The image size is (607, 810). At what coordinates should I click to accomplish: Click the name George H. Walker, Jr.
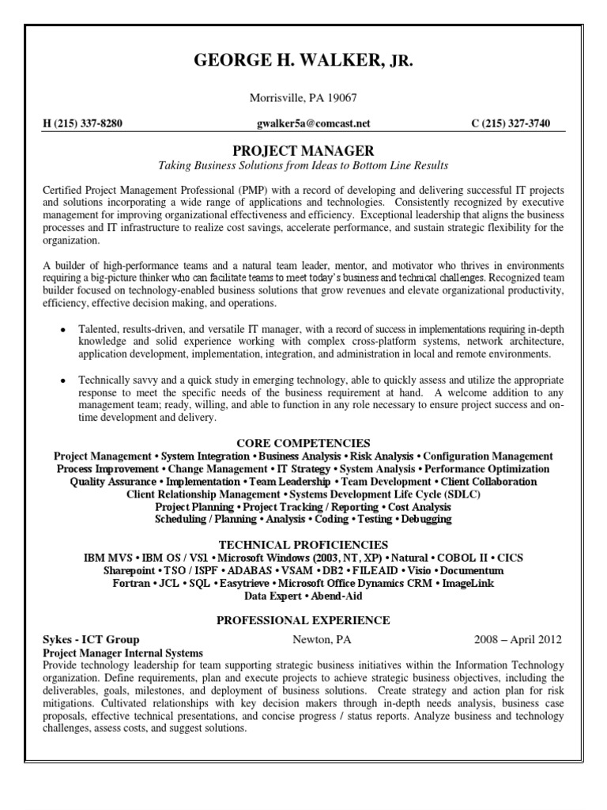pyautogui.click(x=303, y=62)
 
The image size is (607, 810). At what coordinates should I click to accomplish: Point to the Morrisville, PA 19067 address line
pyautogui.click(x=303, y=98)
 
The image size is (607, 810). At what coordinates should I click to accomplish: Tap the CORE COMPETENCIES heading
pyautogui.click(x=303, y=443)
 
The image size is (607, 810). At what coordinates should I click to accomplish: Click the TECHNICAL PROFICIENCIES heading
pyautogui.click(x=303, y=544)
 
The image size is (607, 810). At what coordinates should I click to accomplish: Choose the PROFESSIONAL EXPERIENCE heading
pyautogui.click(x=303, y=620)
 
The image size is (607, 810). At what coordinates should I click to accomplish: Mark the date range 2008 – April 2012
pyautogui.click(x=518, y=639)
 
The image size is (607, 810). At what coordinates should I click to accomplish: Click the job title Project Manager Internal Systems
pyautogui.click(x=124, y=653)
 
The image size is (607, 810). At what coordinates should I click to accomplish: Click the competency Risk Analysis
pyautogui.click(x=383, y=456)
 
